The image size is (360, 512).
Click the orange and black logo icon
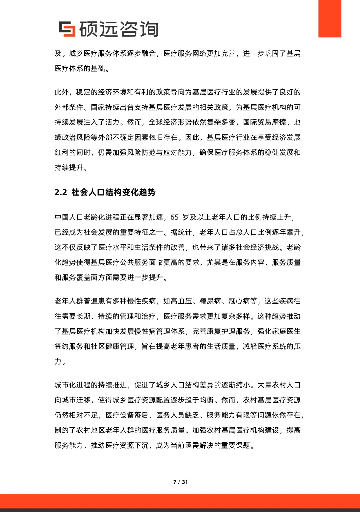(67, 29)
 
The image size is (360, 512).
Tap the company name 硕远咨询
(119, 29)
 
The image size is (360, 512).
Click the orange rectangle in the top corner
(330, 19)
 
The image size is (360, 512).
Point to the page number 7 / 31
(180, 482)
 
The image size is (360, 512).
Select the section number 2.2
(61, 192)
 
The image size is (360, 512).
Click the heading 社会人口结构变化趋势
(114, 192)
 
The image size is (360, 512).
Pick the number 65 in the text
(175, 217)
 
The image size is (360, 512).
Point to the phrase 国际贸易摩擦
(264, 122)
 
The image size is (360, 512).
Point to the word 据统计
(181, 232)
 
